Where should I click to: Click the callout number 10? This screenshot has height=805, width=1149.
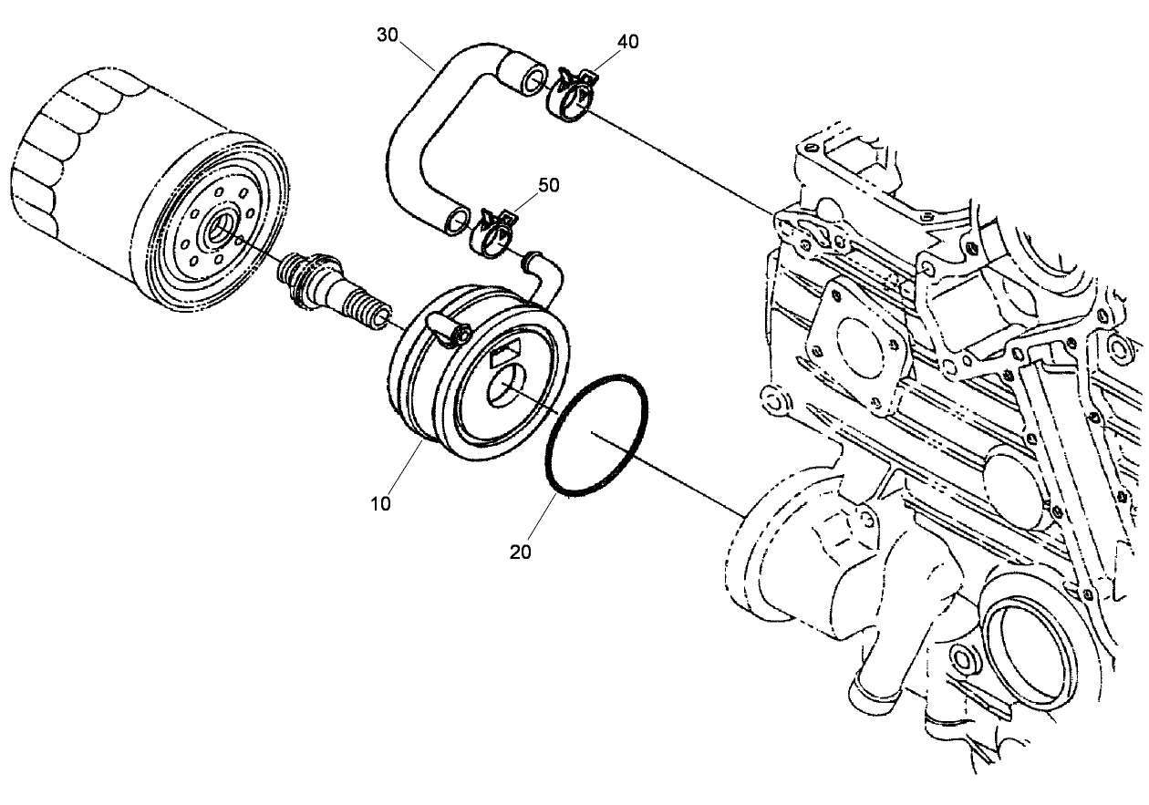(380, 502)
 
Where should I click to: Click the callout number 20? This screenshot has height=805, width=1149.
(522, 551)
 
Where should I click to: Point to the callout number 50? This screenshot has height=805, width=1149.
(548, 184)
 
